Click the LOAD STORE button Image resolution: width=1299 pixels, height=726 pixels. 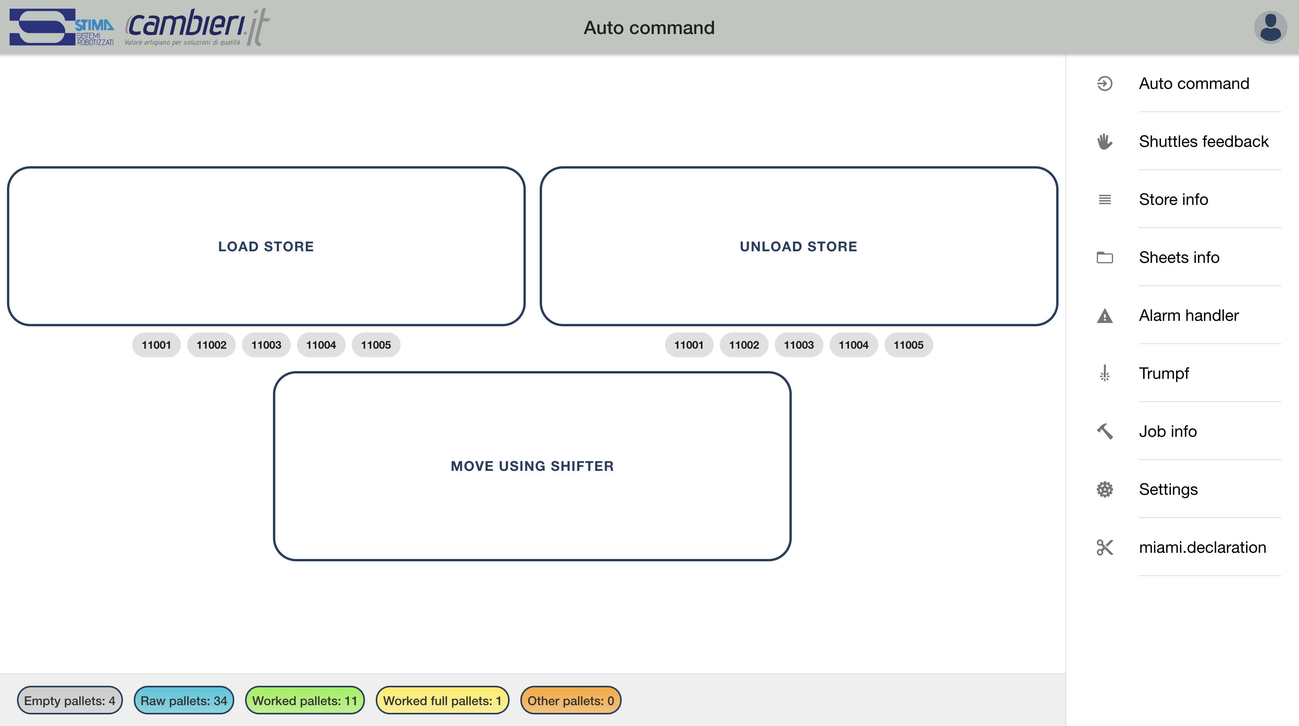point(266,246)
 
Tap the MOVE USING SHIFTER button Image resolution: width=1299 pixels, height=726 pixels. point(532,466)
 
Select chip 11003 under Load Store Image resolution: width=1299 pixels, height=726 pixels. point(266,345)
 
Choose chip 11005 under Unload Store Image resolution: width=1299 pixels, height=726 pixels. point(908,345)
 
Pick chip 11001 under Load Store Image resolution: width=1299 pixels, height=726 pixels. point(156,345)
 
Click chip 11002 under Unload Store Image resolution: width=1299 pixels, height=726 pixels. point(744,345)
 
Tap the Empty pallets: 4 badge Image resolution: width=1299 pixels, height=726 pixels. point(70,700)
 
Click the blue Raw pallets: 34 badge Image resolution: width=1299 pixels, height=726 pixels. point(184,700)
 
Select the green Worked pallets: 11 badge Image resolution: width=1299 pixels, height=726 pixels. point(305,700)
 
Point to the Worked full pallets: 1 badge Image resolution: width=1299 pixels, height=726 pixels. point(442,700)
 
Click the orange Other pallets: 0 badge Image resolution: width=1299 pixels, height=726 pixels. point(570,700)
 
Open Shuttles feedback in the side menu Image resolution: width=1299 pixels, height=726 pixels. point(1203,141)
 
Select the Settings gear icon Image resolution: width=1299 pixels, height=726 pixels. point(1105,489)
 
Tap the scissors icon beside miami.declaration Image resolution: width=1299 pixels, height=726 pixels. point(1105,547)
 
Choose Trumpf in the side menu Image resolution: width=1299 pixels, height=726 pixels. point(1164,373)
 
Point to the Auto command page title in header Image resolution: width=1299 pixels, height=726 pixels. point(649,27)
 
